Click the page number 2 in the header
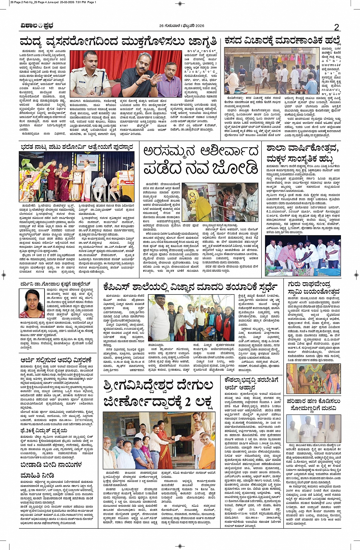tap(336, 27)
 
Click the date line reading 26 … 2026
tap(182, 26)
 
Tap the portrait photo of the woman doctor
tap(32, 304)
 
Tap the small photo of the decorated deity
tap(303, 378)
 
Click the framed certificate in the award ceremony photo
tap(78, 177)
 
